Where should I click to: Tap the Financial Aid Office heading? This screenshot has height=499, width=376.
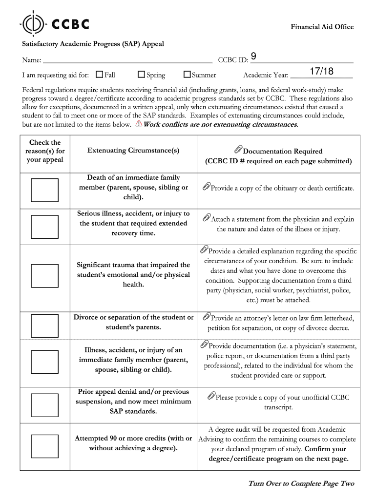pyautogui.click(x=322, y=27)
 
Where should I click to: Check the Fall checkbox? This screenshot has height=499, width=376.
pyautogui.click(x=100, y=75)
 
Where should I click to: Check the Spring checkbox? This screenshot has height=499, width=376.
pyautogui.click(x=142, y=75)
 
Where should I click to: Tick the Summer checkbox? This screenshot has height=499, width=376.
pyautogui.click(x=187, y=75)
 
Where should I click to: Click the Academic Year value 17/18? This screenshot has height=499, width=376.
pyautogui.click(x=321, y=72)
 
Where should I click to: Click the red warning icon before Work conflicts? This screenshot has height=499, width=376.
pyautogui.click(x=139, y=124)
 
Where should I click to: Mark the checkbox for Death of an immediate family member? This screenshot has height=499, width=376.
pyautogui.click(x=44, y=190)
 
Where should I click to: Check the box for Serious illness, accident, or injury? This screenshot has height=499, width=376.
pyautogui.click(x=44, y=226)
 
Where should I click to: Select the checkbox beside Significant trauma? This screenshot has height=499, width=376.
pyautogui.click(x=44, y=276)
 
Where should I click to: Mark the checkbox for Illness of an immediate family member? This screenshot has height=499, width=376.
pyautogui.click(x=44, y=362)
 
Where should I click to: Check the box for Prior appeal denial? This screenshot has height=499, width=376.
pyautogui.click(x=44, y=403)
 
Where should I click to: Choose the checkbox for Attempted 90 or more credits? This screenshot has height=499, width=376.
pyautogui.click(x=44, y=445)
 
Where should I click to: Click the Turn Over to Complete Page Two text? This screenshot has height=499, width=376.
pyautogui.click(x=301, y=483)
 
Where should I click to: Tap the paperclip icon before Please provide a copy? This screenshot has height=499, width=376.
pyautogui.click(x=211, y=396)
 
